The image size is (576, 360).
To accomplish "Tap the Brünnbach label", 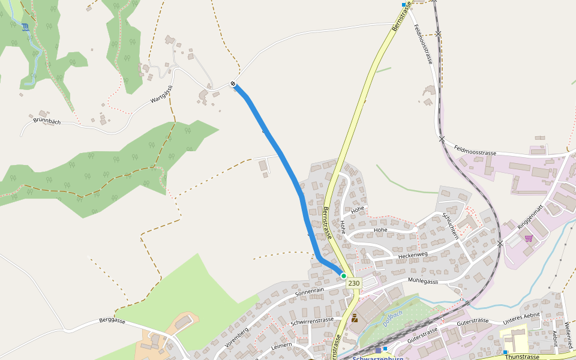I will [47, 120].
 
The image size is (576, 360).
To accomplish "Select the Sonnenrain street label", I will [310, 291].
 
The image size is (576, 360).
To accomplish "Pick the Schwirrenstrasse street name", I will [311, 322].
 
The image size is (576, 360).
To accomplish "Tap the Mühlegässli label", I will [423, 281].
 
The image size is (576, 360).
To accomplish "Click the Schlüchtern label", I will [450, 226].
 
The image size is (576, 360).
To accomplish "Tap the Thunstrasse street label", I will [523, 356].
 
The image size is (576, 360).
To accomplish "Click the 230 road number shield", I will [354, 283].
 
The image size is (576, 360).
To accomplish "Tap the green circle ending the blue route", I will [343, 276].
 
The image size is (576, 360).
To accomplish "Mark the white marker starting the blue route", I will [233, 83].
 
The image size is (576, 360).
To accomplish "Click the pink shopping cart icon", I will [528, 238].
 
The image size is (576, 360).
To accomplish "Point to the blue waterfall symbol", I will [25, 27].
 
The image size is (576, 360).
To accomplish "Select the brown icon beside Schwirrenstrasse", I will [354, 318].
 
